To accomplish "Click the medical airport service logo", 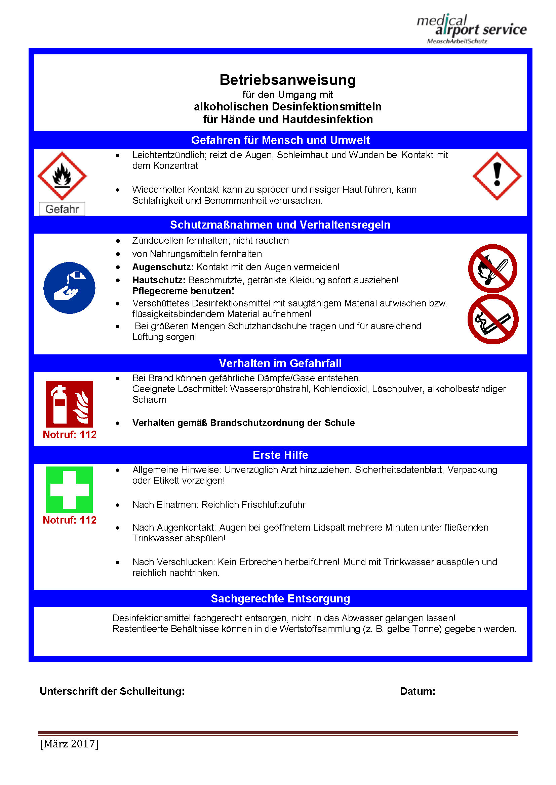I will tap(471, 29).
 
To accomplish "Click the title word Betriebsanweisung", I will tap(288, 80).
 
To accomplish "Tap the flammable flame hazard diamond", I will tap(62, 176).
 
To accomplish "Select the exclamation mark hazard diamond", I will tap(497, 176).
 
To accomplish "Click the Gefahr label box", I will tap(62, 209).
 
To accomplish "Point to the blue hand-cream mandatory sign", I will tap(69, 288).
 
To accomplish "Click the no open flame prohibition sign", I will tap(493, 268).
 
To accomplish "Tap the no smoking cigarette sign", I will tap(493, 319).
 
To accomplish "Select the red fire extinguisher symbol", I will tap(69, 404).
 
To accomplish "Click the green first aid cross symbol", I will tap(69, 489).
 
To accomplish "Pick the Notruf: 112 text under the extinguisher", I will tap(70, 435).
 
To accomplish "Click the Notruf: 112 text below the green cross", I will tap(70, 520).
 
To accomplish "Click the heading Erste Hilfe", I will tap(280, 455).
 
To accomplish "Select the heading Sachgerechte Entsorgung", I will tap(280, 599).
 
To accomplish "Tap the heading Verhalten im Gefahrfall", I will tap(280, 363).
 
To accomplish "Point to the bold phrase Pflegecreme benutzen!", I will tap(183, 291).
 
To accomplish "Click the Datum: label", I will tap(418, 691).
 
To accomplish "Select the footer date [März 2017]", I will tap(69, 744).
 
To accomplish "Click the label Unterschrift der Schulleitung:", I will tap(112, 691).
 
